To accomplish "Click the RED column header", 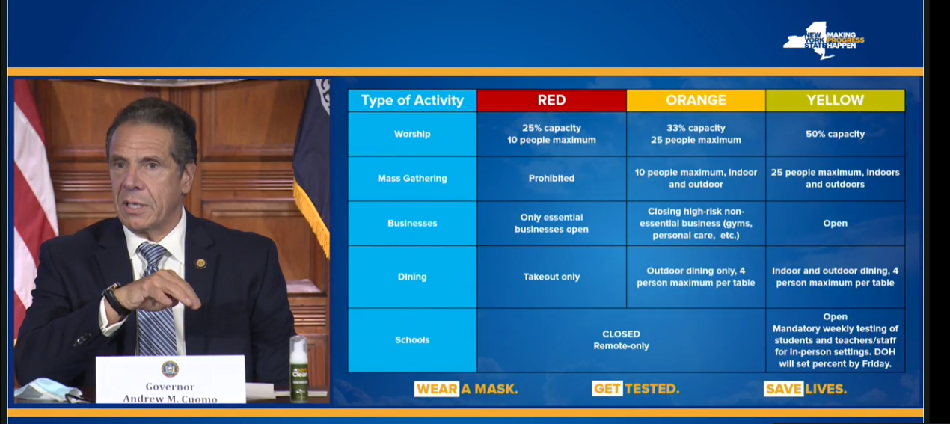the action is tap(551, 100).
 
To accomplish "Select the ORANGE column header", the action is tap(696, 100).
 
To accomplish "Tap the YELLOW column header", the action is tap(835, 100).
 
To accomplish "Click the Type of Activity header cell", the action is tap(412, 100).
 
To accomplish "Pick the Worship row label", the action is tap(412, 134).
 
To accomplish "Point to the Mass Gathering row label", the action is tap(412, 179).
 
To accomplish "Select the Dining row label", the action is tap(412, 277).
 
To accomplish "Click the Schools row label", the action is tap(412, 340).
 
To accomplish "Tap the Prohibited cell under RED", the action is tap(551, 179).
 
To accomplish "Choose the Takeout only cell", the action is tap(551, 277).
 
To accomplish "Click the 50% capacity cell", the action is tap(835, 134).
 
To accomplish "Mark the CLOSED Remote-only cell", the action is tap(622, 340).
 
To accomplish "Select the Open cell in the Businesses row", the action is tap(835, 223).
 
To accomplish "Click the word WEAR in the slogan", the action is tap(437, 389).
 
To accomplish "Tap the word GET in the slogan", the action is tap(607, 389).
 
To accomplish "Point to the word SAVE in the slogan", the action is tap(783, 389).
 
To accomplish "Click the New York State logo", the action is tap(823, 40).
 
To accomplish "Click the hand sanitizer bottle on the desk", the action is tap(299, 369).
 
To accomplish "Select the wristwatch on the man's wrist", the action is tap(115, 300).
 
